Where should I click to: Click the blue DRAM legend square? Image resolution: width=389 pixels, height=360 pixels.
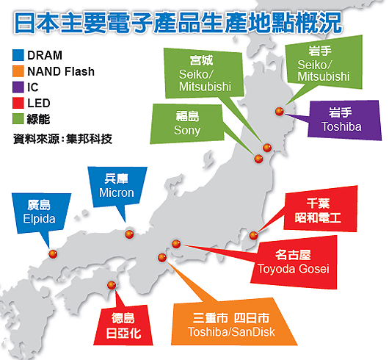tap(18, 55)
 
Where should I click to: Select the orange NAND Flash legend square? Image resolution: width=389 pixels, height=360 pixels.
tap(18, 71)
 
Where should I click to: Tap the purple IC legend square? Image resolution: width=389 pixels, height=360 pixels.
tap(18, 87)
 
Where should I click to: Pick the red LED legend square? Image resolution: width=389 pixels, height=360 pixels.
tap(18, 103)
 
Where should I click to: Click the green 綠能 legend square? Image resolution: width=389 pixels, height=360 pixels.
tap(18, 119)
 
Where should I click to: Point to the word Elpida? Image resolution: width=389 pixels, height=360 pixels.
tap(39, 219)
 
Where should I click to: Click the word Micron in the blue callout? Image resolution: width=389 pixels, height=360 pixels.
tap(117, 192)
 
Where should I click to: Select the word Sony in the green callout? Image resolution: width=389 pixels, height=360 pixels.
tap(187, 131)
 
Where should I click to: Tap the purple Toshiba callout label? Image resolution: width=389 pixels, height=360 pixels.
tap(341, 127)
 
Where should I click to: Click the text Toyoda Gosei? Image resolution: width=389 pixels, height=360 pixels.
tap(294, 269)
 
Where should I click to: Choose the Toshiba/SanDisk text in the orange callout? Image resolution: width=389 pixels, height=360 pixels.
tap(231, 332)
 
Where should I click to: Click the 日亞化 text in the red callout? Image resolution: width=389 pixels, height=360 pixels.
tap(123, 334)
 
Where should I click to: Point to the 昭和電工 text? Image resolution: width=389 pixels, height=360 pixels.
tap(318, 217)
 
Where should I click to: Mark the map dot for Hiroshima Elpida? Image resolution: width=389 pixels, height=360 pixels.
tap(53, 254)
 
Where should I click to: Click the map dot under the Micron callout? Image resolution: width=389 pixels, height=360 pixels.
tap(129, 234)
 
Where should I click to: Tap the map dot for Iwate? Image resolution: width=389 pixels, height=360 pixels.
tap(280, 111)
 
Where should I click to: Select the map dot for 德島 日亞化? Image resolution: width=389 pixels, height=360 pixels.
tap(112, 285)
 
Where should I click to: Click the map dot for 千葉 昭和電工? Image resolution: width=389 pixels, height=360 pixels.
tap(253, 235)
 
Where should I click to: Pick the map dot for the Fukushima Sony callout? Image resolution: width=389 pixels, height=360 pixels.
tap(258, 159)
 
